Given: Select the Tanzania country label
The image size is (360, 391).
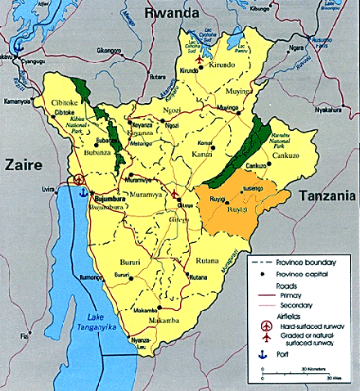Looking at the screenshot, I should pos(326,195).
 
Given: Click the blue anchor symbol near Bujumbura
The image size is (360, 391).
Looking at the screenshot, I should pos(80,194).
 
